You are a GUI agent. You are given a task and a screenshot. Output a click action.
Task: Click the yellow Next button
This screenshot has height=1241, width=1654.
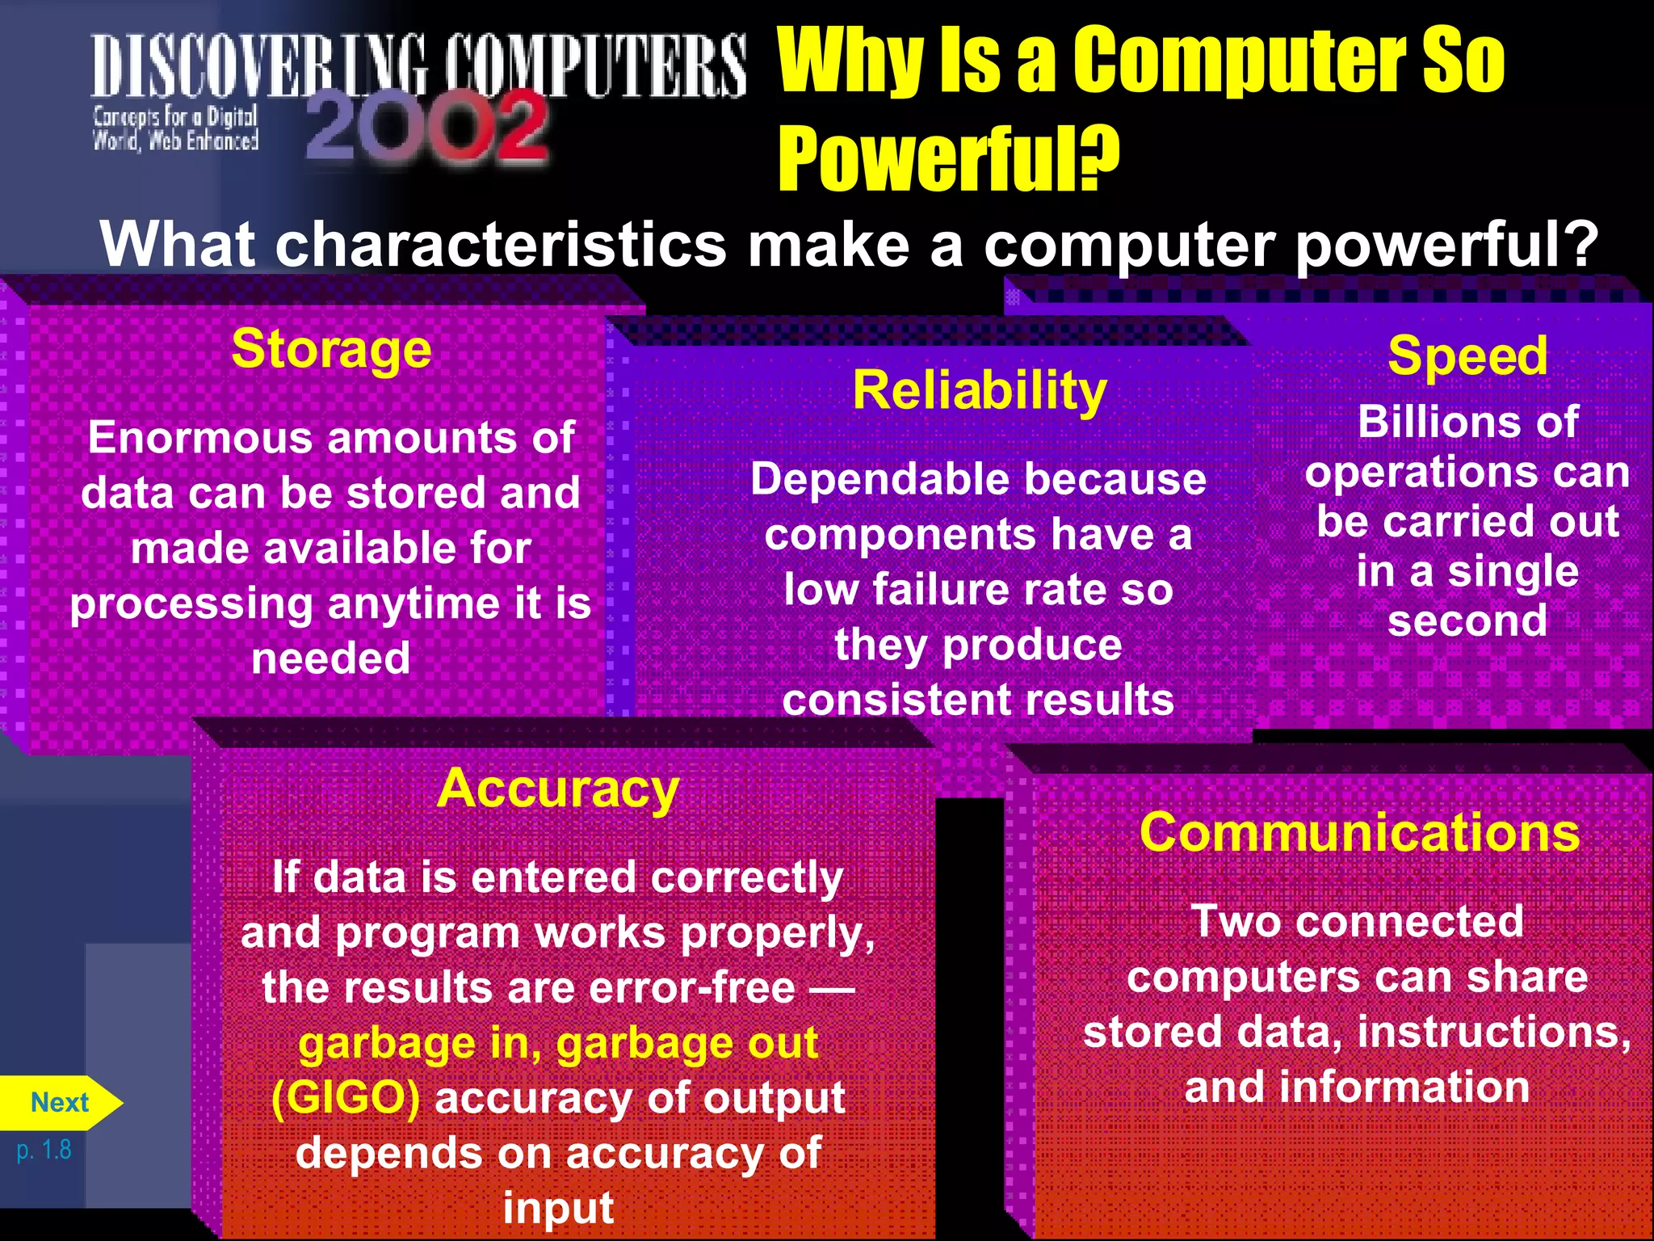[59, 1103]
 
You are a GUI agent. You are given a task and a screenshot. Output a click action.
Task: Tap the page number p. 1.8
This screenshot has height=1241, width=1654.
[44, 1150]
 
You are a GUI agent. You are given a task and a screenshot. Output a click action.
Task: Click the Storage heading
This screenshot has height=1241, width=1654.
[331, 349]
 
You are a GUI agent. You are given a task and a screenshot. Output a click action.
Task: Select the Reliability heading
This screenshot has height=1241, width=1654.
[980, 391]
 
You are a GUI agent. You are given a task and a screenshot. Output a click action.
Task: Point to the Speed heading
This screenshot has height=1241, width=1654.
[1467, 355]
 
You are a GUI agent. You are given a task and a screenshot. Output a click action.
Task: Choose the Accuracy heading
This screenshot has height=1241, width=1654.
[557, 789]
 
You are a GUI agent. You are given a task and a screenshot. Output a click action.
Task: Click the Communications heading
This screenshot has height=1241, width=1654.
[1359, 832]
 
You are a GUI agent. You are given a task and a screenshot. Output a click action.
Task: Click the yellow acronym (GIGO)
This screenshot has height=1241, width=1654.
[346, 1098]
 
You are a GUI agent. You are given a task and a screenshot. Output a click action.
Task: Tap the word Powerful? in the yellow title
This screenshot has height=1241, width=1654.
[948, 158]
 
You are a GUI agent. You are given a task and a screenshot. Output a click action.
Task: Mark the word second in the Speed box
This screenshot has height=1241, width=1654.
[1467, 621]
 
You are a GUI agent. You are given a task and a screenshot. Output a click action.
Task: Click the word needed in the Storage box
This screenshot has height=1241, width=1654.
[330, 658]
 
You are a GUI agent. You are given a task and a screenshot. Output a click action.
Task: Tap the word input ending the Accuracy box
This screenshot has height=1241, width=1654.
[558, 1209]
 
